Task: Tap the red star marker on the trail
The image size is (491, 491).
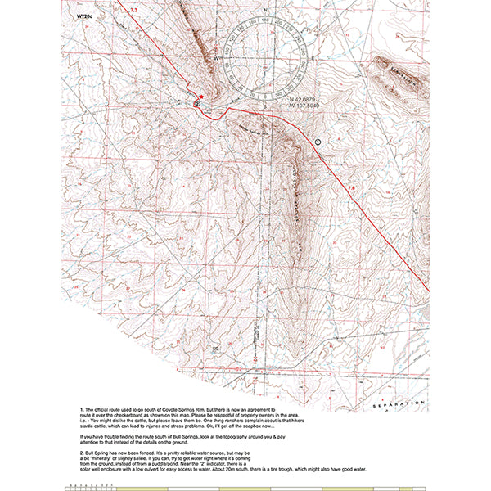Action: pyautogui.click(x=201, y=96)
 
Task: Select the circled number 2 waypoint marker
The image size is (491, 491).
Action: pyautogui.click(x=196, y=104)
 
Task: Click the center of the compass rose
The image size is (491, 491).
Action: pyautogui.click(x=266, y=60)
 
